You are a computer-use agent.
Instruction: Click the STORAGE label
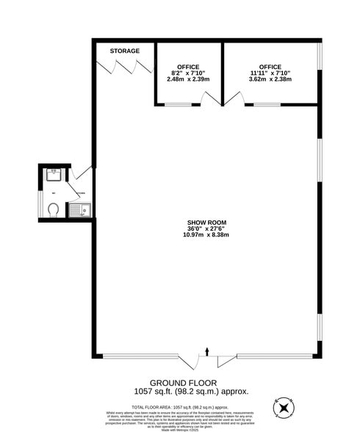point(125,51)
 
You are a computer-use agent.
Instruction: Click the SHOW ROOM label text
point(208,222)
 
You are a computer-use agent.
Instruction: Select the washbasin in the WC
point(54,175)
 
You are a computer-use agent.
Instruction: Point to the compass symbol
point(282,408)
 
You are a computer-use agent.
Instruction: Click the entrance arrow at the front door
point(208,352)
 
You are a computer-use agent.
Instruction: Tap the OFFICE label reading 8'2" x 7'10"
point(188,67)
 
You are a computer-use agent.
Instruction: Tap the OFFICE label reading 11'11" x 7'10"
point(270,67)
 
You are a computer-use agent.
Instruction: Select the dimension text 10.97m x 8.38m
point(208,236)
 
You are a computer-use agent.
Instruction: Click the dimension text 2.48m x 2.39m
point(188,79)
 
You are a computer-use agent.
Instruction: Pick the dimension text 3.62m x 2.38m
point(270,79)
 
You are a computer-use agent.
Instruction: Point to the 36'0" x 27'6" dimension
point(208,228)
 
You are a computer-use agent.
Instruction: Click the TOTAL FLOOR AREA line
point(179,406)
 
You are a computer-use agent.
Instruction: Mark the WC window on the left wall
point(40,202)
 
